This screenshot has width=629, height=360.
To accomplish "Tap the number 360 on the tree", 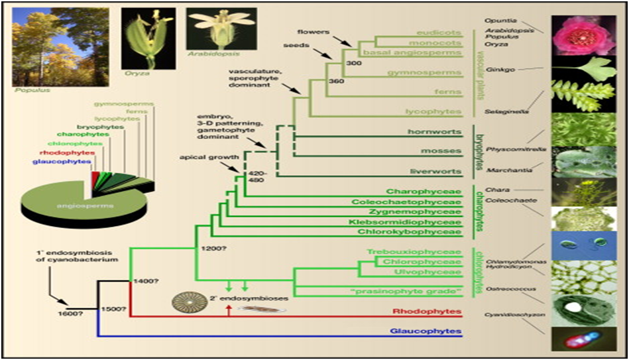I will click(x=337, y=81).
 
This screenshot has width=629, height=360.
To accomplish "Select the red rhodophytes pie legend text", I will click(x=68, y=152).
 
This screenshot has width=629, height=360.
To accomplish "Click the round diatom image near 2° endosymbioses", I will click(x=185, y=302).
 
